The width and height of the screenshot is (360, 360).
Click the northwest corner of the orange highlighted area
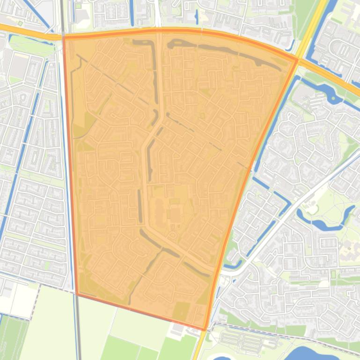pyautogui.click(x=64, y=36)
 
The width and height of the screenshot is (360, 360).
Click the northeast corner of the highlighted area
pyautogui.click(x=297, y=59)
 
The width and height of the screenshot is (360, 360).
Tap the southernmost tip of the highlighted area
pyautogui.click(x=205, y=330)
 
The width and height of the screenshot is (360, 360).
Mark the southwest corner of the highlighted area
pyautogui.click(x=76, y=294)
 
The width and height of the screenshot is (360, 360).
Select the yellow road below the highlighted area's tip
pyautogui.click(x=200, y=346)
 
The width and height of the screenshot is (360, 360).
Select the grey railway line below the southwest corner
pyautogui.click(x=78, y=327)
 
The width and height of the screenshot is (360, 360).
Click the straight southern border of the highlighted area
pyautogui.click(x=140, y=311)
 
